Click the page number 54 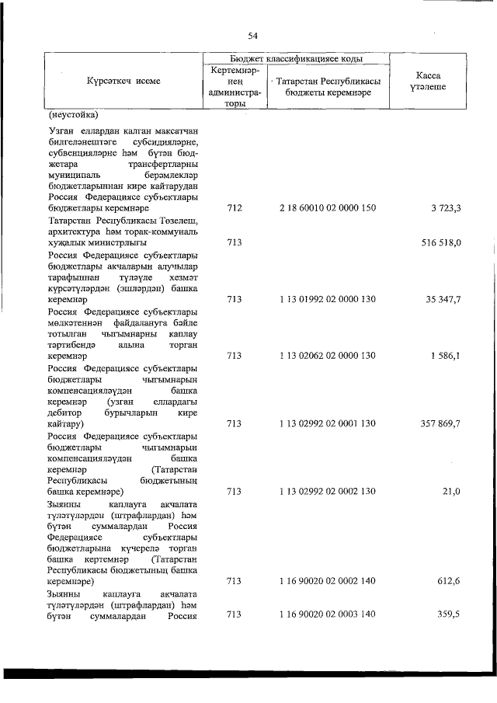coord(252,36)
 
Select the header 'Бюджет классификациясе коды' coord(296,59)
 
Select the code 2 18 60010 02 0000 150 coord(326,208)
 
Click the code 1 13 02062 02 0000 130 coord(326,355)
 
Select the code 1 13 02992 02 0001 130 coord(326,423)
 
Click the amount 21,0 coord(451,491)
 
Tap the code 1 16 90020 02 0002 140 coord(326,580)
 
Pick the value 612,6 coord(449,580)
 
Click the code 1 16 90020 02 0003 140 coord(326,614)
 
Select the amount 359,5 coord(449,614)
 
